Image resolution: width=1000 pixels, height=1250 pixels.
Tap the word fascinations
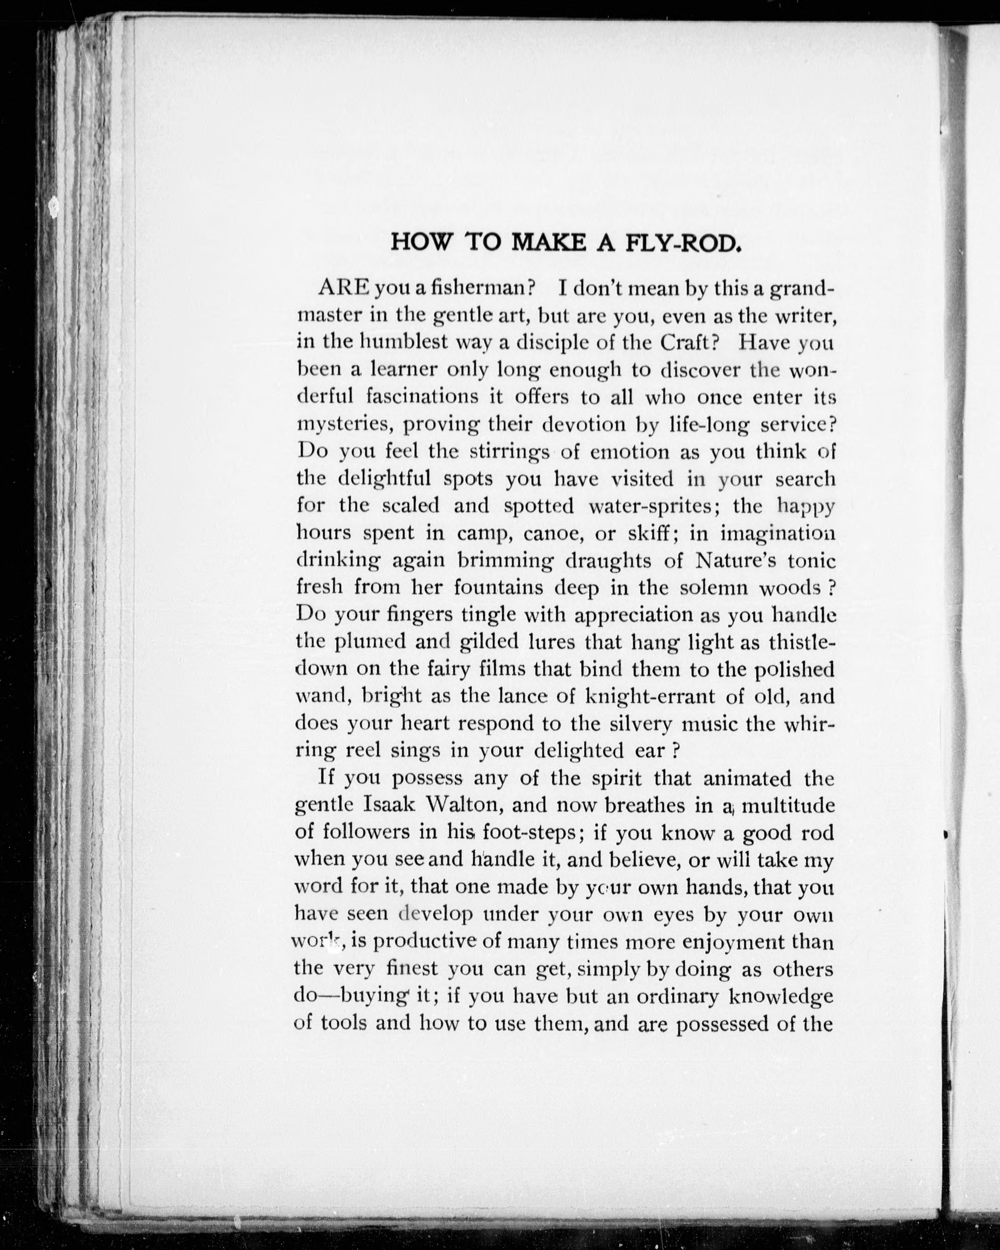pyautogui.click(x=431, y=397)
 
